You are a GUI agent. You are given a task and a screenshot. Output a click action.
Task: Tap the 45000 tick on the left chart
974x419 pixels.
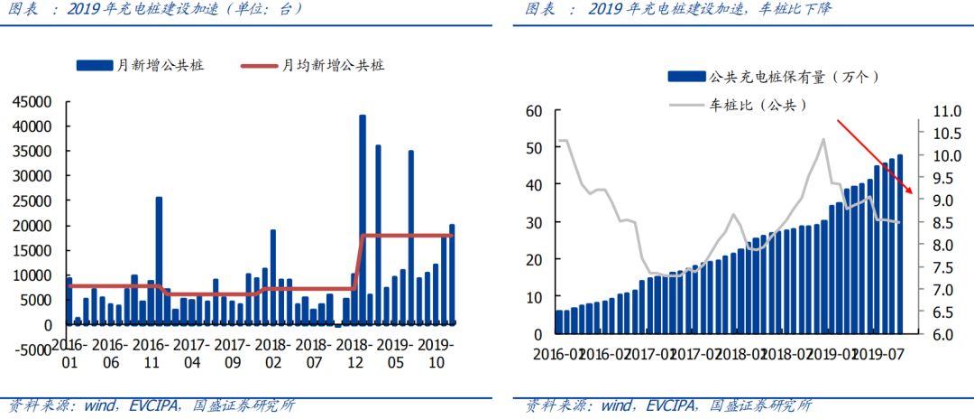click(32, 101)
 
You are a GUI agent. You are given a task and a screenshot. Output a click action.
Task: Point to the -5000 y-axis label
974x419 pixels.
click(32, 349)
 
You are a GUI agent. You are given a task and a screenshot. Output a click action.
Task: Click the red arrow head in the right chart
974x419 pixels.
click(911, 191)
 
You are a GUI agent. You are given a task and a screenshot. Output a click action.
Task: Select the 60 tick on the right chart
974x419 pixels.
click(534, 111)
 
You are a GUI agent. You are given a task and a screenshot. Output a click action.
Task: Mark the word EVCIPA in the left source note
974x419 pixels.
click(157, 405)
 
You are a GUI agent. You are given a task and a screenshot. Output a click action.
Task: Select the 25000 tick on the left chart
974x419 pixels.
click(32, 200)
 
